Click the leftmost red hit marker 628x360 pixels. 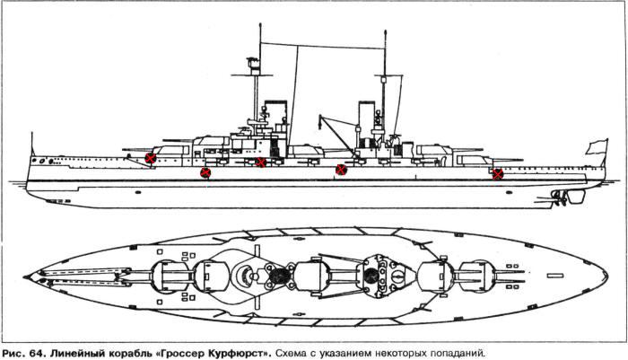[151, 159]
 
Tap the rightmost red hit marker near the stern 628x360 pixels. [498, 173]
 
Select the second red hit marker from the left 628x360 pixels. [205, 172]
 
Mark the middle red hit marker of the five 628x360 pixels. [260, 162]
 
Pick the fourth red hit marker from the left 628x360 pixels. [341, 170]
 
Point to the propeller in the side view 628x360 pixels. [563, 195]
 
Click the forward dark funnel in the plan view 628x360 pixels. [281, 277]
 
